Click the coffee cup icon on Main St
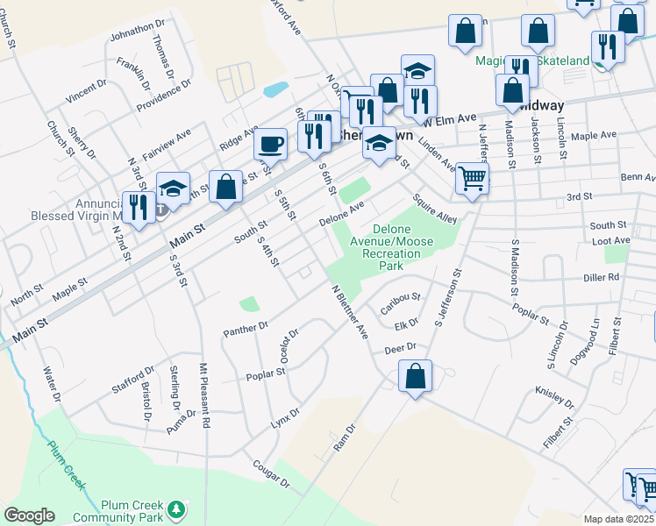click(271, 143)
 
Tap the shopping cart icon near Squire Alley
click(472, 179)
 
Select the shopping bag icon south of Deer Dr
click(415, 376)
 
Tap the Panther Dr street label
click(246, 328)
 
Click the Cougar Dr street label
click(271, 477)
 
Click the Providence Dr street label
click(164, 97)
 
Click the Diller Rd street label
click(626, 277)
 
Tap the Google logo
click(29, 515)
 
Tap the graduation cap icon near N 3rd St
click(173, 187)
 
